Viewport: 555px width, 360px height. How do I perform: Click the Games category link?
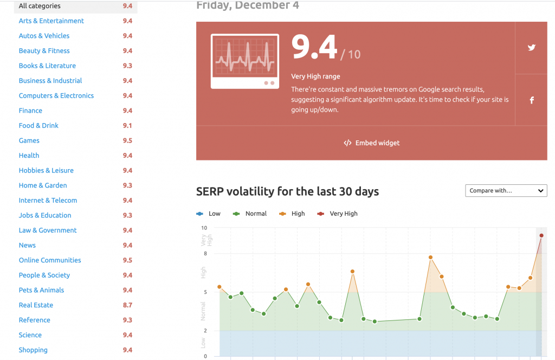pyautogui.click(x=29, y=140)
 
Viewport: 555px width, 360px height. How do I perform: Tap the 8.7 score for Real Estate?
pyautogui.click(x=127, y=305)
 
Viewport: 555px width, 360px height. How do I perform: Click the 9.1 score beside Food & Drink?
pyautogui.click(x=127, y=126)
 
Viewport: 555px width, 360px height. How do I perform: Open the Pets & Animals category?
pyautogui.click(x=41, y=290)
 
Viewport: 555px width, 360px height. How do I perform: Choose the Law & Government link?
pyautogui.click(x=48, y=230)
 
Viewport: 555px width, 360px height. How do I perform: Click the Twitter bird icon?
pyautogui.click(x=532, y=48)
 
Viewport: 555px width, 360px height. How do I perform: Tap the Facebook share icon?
pyautogui.click(x=532, y=100)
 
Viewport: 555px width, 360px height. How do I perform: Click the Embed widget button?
pyautogui.click(x=372, y=143)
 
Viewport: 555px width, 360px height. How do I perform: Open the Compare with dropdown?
pyautogui.click(x=506, y=191)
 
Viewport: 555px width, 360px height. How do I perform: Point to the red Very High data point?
pyautogui.click(x=541, y=235)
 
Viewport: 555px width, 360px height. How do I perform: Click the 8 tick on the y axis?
pyautogui.click(x=204, y=254)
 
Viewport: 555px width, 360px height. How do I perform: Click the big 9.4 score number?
pyautogui.click(x=314, y=49)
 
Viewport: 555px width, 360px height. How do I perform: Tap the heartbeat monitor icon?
pyautogui.click(x=245, y=61)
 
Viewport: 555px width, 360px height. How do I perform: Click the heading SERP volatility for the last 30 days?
pyautogui.click(x=287, y=191)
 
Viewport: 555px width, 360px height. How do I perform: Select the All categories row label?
pyautogui.click(x=40, y=6)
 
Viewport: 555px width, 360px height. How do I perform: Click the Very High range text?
pyautogui.click(x=315, y=76)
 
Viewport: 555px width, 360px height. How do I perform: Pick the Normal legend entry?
pyautogui.click(x=250, y=214)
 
